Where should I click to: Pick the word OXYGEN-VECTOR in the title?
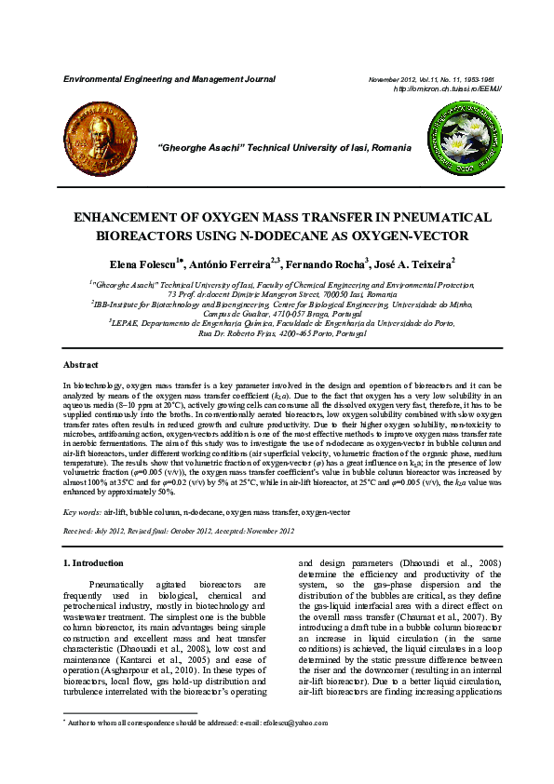click(396, 235)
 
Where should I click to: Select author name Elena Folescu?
click(146, 264)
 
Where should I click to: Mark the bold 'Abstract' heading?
click(80, 364)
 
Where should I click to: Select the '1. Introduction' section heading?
click(92, 563)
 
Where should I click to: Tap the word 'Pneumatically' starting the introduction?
click(118, 584)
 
